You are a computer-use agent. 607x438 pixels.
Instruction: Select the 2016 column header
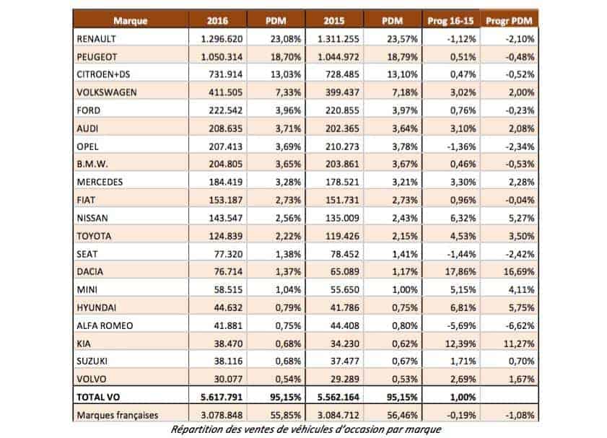click(x=217, y=21)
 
